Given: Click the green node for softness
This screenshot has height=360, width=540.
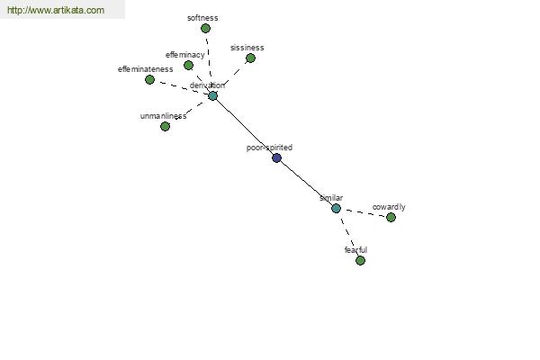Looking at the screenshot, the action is [x=205, y=28].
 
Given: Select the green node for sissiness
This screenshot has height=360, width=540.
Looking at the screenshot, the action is [x=251, y=58].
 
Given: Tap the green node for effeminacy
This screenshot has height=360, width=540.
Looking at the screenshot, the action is [x=188, y=65].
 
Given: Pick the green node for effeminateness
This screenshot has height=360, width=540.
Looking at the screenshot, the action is [x=149, y=79].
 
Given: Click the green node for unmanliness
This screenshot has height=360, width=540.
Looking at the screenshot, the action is [x=165, y=126].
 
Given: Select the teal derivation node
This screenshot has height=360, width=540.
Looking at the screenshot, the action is [x=212, y=95].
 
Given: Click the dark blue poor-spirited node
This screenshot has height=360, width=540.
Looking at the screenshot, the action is [x=276, y=157].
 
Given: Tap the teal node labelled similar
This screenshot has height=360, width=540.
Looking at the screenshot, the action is [x=336, y=209].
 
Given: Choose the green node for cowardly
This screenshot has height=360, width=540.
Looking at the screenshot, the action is [x=391, y=218].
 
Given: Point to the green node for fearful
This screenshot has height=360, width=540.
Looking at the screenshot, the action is [x=360, y=260].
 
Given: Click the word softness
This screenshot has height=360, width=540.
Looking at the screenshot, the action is [x=202, y=18].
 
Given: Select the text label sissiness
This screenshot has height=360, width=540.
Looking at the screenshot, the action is [x=247, y=48].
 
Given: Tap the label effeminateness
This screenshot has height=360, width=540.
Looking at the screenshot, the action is [x=145, y=69].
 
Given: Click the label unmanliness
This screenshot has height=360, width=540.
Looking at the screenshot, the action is [x=163, y=116].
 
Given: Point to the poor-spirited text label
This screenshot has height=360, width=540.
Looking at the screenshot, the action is [x=269, y=148].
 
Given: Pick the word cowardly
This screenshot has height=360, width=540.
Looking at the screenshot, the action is [x=389, y=207].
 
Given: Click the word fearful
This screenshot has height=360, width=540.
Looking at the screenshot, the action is [x=355, y=250].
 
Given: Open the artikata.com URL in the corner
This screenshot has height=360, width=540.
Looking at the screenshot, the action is [x=56, y=10].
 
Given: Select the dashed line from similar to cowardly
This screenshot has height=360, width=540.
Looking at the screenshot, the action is [x=364, y=213].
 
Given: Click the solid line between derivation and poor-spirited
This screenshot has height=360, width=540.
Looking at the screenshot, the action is [x=245, y=127].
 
